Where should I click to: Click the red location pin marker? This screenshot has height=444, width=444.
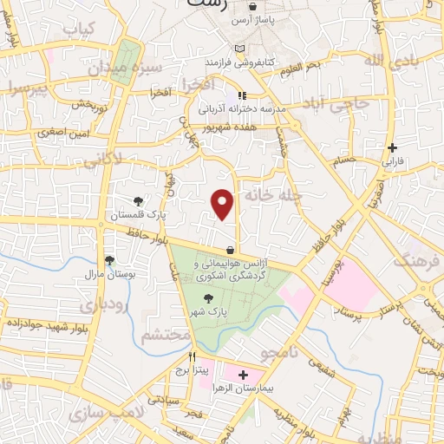(x=224, y=204)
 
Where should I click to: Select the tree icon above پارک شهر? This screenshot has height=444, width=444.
(x=206, y=299)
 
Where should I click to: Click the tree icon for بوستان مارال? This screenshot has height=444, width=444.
(x=109, y=260)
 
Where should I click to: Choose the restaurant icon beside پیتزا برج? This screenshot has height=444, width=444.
(x=193, y=356)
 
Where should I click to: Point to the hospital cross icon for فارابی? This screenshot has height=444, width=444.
(x=394, y=147)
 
